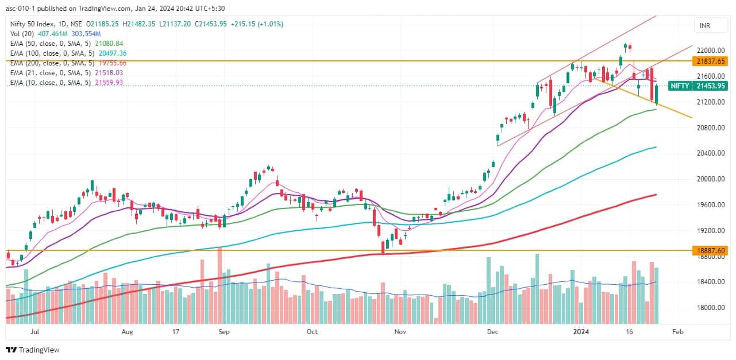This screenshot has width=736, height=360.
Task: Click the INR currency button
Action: (704, 26)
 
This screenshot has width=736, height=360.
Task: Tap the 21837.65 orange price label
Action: (711, 61)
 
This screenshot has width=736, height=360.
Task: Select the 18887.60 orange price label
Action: (711, 250)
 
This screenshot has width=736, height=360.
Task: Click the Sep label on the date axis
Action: (224, 332)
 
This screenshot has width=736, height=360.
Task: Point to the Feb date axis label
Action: (678, 332)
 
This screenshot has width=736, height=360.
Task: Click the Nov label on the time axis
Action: (400, 332)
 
